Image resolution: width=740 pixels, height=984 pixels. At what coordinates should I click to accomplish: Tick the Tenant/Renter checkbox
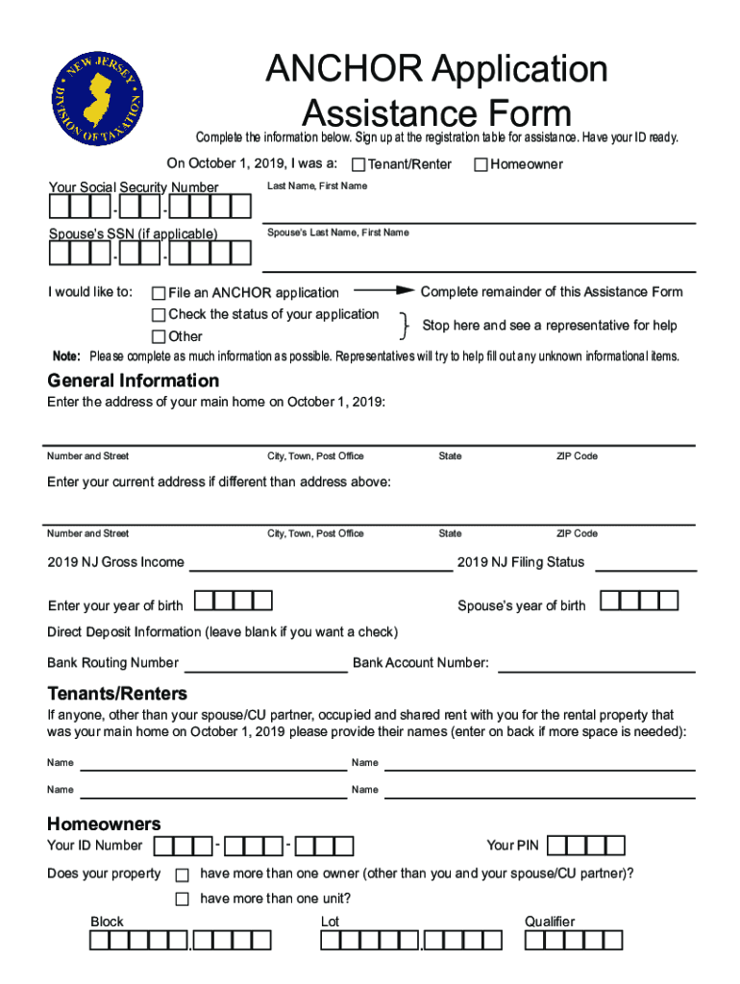358,165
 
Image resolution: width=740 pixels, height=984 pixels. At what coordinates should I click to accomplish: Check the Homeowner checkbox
481,165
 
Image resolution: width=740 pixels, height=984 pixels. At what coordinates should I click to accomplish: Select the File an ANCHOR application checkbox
159,293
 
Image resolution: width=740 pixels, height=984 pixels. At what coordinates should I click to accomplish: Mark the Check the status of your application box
159,315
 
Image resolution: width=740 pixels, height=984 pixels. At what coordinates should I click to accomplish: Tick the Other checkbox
159,336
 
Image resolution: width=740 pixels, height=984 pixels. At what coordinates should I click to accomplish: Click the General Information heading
134,381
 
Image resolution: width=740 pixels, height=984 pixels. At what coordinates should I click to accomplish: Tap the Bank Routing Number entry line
265,667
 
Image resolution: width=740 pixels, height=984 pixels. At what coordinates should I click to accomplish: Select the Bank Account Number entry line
596,667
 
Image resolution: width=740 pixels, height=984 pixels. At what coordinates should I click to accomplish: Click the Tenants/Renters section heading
117,694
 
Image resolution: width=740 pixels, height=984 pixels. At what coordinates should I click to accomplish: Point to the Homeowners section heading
104,824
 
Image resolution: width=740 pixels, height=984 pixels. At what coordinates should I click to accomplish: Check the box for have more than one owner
182,875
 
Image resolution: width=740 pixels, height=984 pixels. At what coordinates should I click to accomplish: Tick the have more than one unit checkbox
182,899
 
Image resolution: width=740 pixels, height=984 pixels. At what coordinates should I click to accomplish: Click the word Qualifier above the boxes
550,922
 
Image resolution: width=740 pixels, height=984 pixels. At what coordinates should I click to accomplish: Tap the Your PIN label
513,846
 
